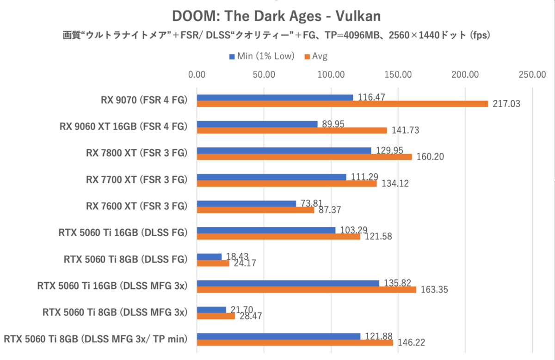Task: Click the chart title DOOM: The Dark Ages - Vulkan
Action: pos(276,16)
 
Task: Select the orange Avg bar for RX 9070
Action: pos(342,104)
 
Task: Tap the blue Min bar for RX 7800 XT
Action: pos(284,151)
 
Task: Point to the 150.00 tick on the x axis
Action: pos(399,74)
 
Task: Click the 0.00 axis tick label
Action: pos(197,74)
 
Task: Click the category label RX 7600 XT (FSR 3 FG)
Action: pos(136,206)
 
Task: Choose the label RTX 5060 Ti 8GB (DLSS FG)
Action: pos(125,259)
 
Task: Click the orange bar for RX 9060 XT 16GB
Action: pos(292,130)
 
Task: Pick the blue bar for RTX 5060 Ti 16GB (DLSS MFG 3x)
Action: pos(288,283)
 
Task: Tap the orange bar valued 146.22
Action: pos(295,342)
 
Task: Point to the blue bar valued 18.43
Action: pos(210,256)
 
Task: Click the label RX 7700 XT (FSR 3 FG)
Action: pos(136,179)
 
